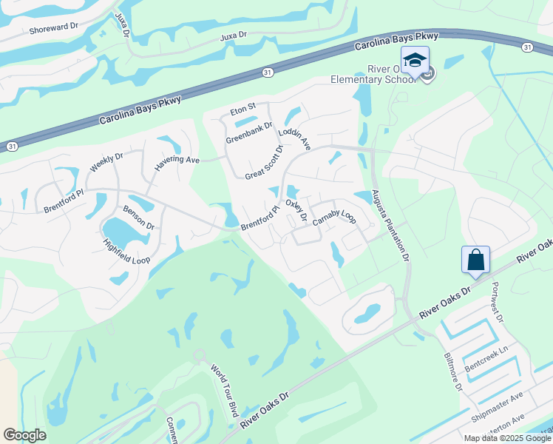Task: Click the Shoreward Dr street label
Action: (x=53, y=28)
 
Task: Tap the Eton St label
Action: (x=242, y=110)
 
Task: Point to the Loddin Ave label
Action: (x=295, y=138)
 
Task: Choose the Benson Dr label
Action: (x=138, y=218)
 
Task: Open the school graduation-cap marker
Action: (x=415, y=60)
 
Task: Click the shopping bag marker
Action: (x=475, y=260)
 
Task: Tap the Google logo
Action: (x=25, y=435)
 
